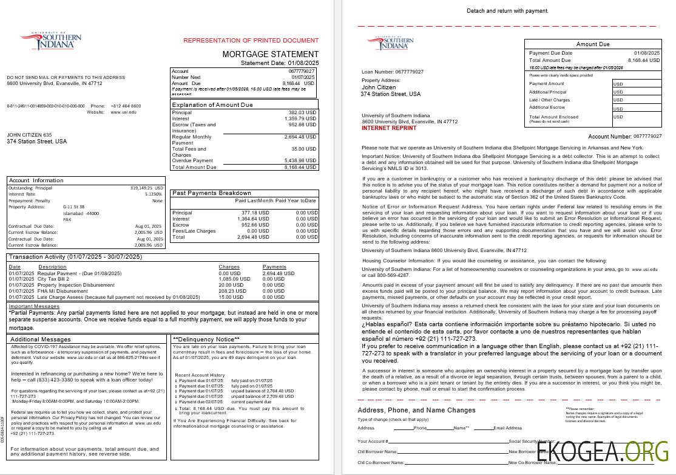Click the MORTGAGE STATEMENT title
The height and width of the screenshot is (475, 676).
pyautogui.click(x=270, y=54)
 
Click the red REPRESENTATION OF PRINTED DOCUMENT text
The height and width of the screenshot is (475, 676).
pyautogui.click(x=251, y=41)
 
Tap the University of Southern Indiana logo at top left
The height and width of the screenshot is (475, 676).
pyautogui.click(x=51, y=41)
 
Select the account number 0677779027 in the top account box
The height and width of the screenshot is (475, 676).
pyautogui.click(x=302, y=72)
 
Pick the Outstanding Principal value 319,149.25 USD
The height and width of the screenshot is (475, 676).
pyautogui.click(x=147, y=188)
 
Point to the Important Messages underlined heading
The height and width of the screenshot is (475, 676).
pyautogui.click(x=34, y=306)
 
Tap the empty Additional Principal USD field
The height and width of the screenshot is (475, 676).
pyautogui.click(x=637, y=92)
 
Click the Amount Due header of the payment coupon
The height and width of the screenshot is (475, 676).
pyautogui.click(x=593, y=44)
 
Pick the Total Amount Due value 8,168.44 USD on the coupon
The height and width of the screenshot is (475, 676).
pyautogui.click(x=644, y=60)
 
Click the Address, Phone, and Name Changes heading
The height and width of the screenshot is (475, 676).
pyautogui.click(x=416, y=410)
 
